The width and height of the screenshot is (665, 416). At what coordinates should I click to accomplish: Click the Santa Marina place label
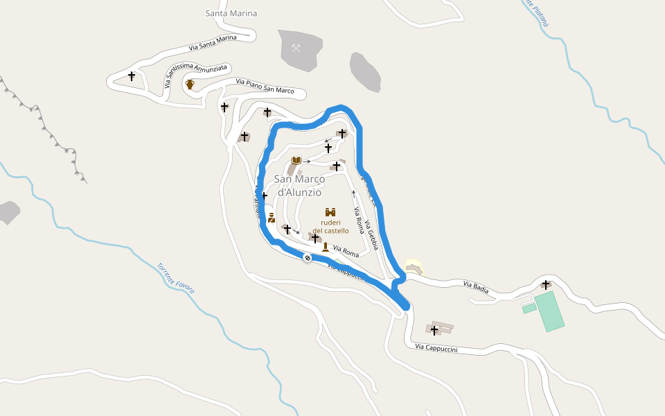pos(231,13)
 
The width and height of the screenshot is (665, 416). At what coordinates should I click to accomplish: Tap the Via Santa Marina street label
pos(213,43)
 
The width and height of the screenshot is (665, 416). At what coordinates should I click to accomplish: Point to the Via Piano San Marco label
pos(265,86)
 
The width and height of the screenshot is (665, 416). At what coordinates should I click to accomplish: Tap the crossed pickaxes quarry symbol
pos(296,48)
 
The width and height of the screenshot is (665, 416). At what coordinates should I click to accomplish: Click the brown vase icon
pos(190,85)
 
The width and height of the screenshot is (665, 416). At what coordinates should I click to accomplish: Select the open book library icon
pos(296,161)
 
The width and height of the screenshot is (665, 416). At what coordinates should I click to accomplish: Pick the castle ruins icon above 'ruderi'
pos(330,212)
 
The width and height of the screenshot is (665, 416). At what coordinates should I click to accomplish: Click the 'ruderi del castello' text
pos(330,226)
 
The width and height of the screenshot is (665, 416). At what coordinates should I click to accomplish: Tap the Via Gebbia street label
pos(372,236)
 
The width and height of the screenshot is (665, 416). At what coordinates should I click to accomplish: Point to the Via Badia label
pos(476,287)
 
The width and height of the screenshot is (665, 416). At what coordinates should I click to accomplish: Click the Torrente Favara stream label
pos(175,277)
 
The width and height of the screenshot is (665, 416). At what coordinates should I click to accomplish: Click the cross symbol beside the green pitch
pos(546,284)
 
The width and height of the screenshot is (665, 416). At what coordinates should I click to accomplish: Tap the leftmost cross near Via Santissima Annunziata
pos(132,76)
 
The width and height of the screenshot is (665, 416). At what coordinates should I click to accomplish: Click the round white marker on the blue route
pos(308,259)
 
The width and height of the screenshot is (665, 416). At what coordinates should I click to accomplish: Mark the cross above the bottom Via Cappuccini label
pos(435,330)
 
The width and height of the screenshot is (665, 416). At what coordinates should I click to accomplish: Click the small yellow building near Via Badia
pos(414,268)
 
